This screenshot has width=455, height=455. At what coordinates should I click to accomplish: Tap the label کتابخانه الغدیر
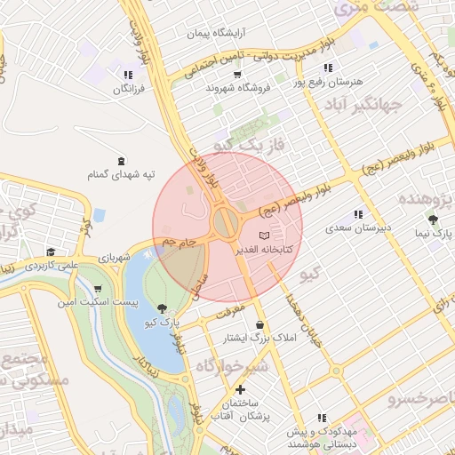point(263,251)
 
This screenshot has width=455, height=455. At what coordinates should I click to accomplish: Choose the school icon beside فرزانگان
point(130,76)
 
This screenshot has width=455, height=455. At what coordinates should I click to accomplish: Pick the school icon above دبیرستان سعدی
point(358,214)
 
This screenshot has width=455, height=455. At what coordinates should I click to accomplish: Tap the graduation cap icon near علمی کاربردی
point(51,252)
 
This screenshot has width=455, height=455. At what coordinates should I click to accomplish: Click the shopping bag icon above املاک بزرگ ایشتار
point(259,325)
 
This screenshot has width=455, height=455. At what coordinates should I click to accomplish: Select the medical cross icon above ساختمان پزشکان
point(240,389)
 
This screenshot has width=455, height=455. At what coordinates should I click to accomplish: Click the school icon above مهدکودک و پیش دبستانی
point(322,416)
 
